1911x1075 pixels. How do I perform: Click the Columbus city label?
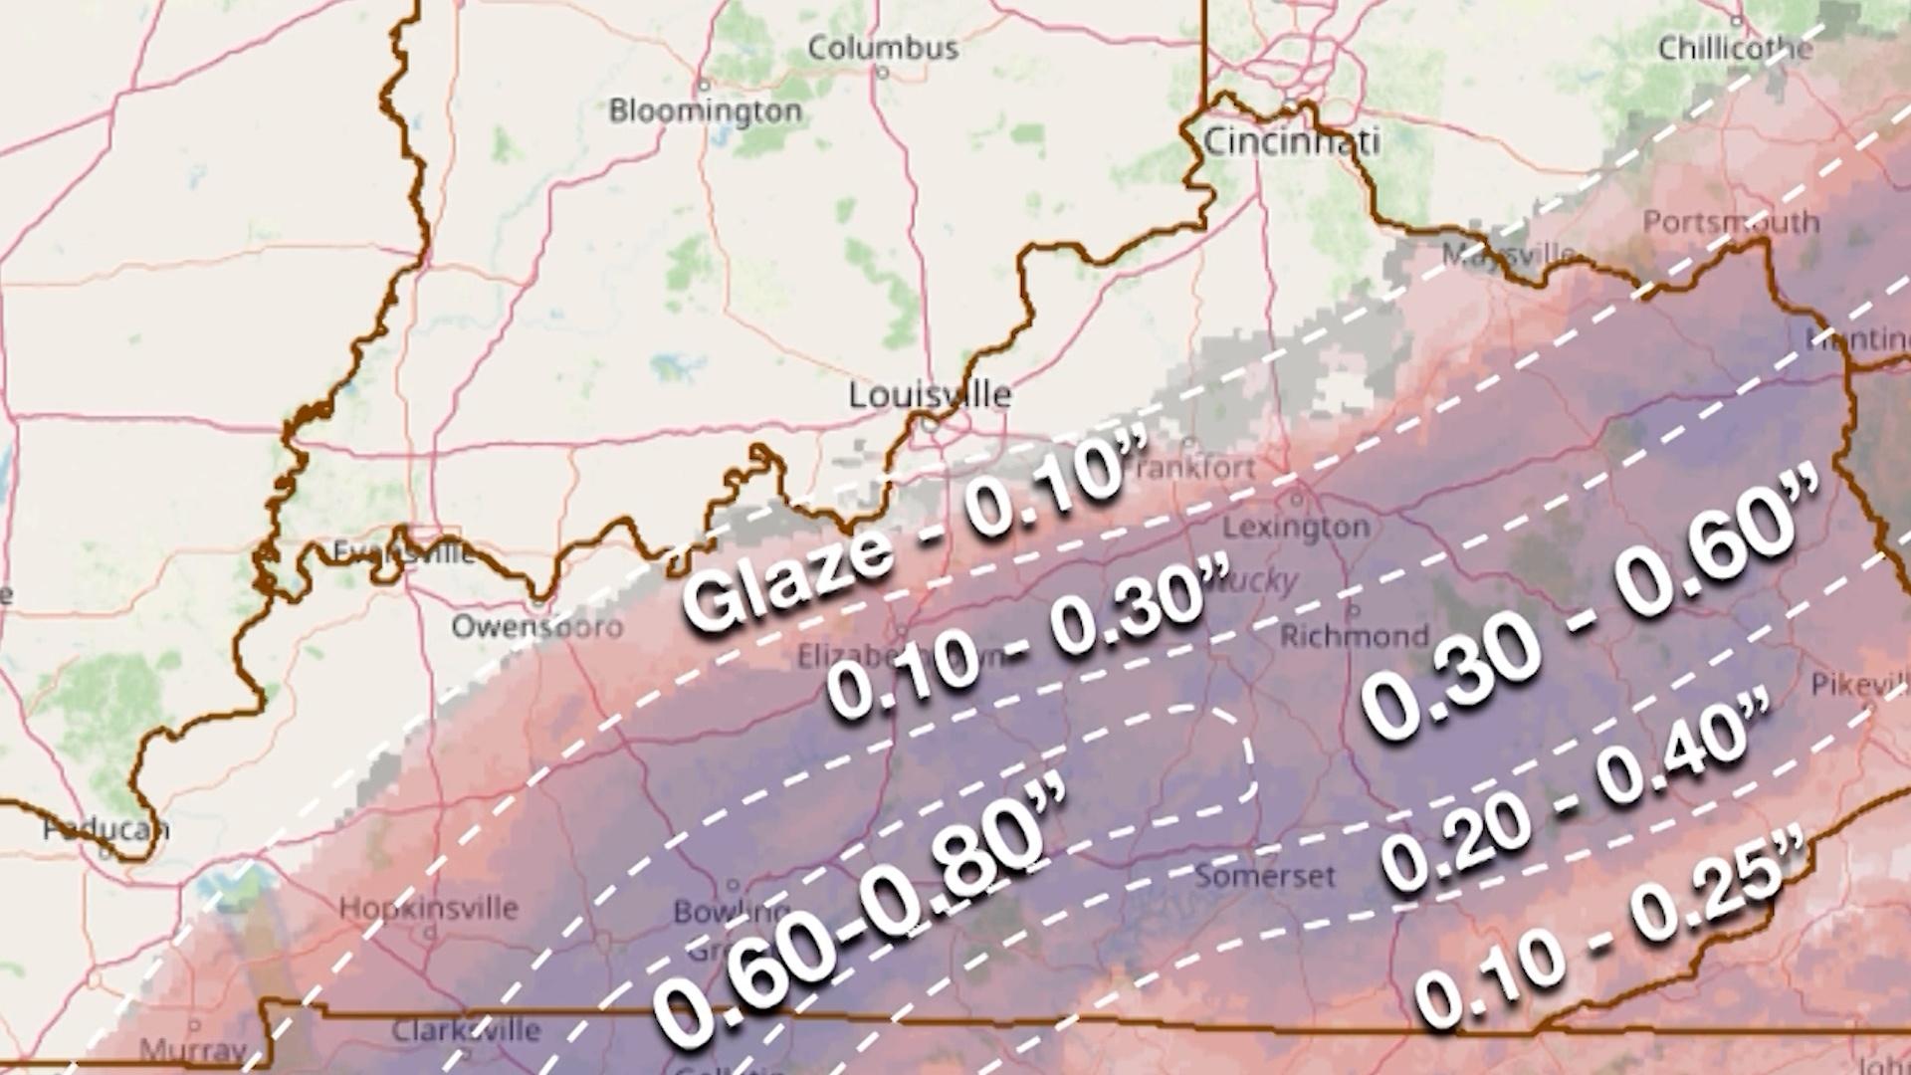tap(883, 48)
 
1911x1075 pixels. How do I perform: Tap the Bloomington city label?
tap(705, 110)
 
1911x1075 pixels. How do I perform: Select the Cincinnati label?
tap(1291, 141)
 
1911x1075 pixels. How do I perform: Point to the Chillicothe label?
tap(1735, 48)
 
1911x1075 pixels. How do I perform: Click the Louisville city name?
tap(930, 395)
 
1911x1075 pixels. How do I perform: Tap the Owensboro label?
tap(536, 626)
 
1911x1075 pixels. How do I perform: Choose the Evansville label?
tap(403, 551)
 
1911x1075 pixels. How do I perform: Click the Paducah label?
tap(106, 828)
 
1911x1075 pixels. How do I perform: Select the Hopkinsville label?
tap(428, 908)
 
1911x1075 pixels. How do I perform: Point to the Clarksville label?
tap(466, 1029)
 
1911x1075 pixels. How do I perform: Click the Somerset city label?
tap(1264, 876)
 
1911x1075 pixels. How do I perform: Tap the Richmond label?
tap(1354, 635)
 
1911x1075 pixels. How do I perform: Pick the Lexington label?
tap(1296, 527)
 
